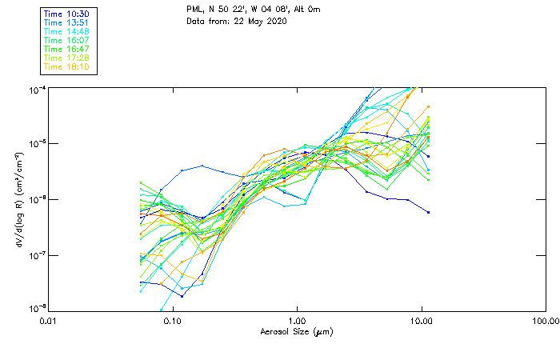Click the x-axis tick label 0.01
pos(48,321)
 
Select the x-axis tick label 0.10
pos(173,321)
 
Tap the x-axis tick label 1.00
pos(298,321)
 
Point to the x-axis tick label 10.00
pos(422,321)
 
